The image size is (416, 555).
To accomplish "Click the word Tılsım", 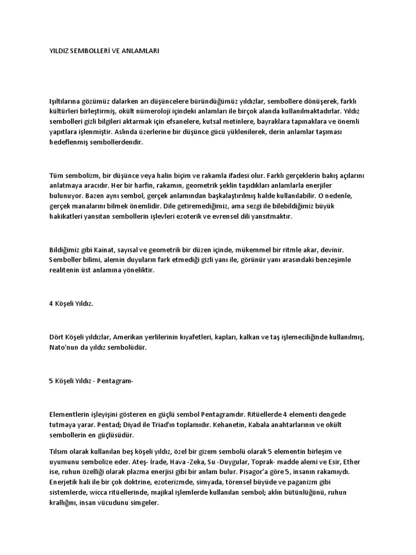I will (x=58, y=452).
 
